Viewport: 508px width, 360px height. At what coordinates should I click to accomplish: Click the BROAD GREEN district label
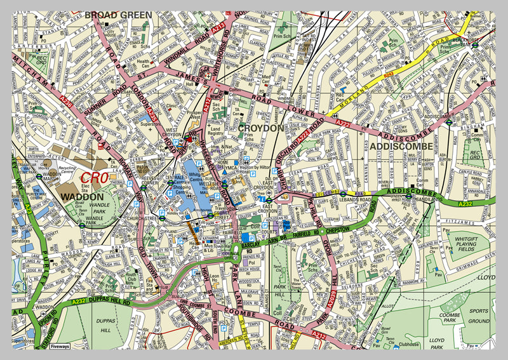point(118,15)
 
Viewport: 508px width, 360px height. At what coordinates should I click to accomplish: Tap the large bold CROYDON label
point(261,128)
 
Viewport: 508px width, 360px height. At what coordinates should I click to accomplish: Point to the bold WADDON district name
point(83,197)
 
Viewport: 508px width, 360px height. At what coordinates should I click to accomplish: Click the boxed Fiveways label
point(60,346)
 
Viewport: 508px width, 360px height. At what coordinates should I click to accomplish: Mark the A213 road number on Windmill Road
point(219,28)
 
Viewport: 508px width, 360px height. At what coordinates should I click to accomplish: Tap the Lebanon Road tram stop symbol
point(343,194)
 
